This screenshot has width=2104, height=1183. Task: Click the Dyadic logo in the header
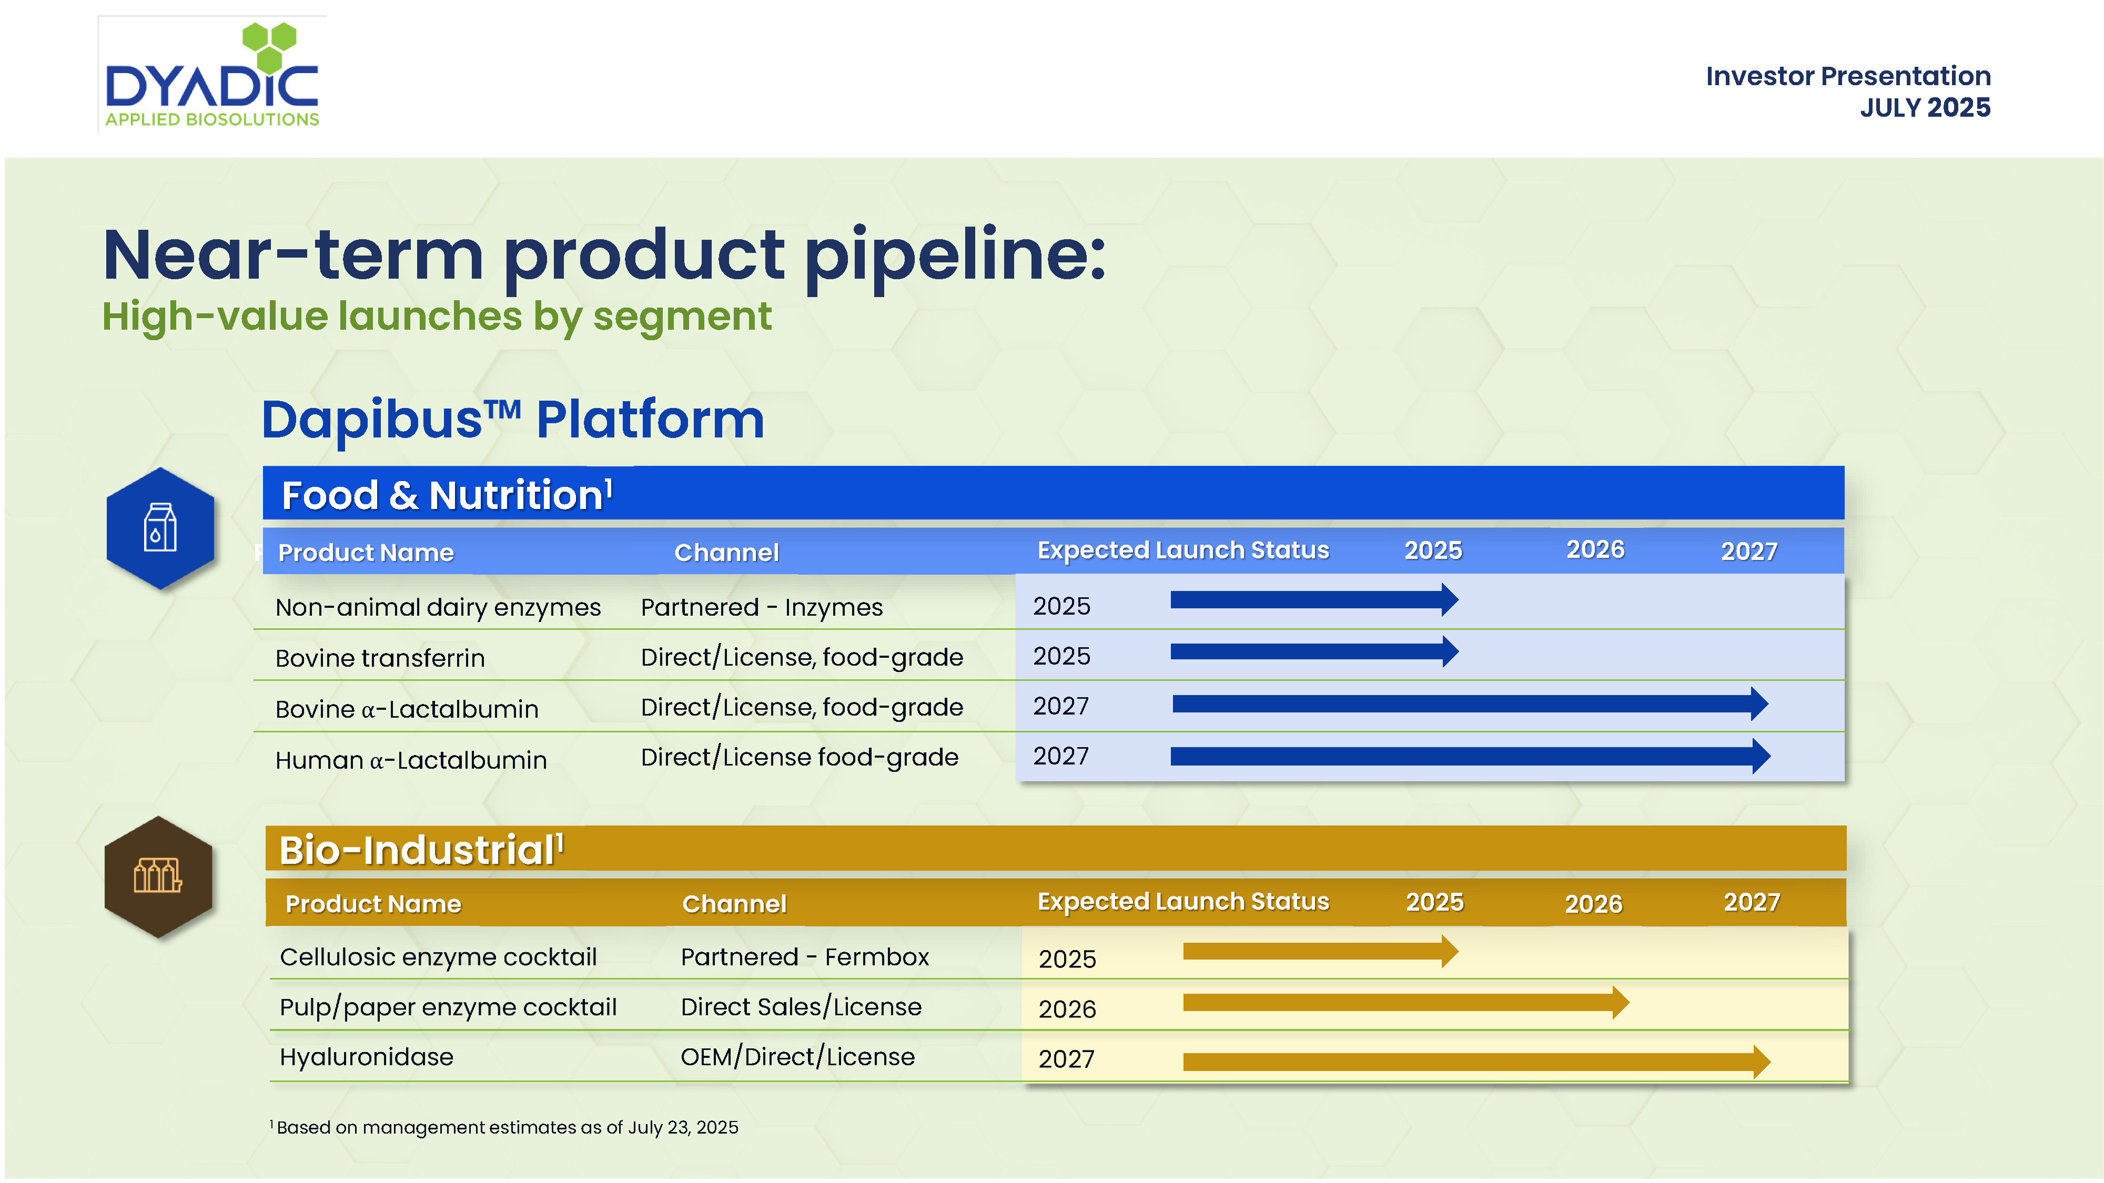point(213,74)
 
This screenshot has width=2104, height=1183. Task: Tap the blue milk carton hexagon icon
point(160,528)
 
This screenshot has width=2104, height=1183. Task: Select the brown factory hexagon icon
point(158,877)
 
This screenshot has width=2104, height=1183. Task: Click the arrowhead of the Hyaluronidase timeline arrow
point(1761,1062)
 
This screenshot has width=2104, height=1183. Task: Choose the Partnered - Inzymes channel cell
point(761,607)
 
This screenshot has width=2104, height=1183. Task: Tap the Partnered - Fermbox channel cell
point(805,957)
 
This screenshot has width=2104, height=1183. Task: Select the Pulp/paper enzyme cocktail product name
point(448,1007)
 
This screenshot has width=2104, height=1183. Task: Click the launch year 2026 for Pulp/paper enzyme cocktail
point(1067,1009)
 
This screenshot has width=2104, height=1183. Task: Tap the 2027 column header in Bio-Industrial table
point(1751,902)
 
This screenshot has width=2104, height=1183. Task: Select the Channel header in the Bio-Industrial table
point(733,904)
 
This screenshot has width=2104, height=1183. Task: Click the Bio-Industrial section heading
point(421,850)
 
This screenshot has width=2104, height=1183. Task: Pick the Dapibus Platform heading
point(513,420)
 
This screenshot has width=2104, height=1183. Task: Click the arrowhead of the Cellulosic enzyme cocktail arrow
point(1450,951)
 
